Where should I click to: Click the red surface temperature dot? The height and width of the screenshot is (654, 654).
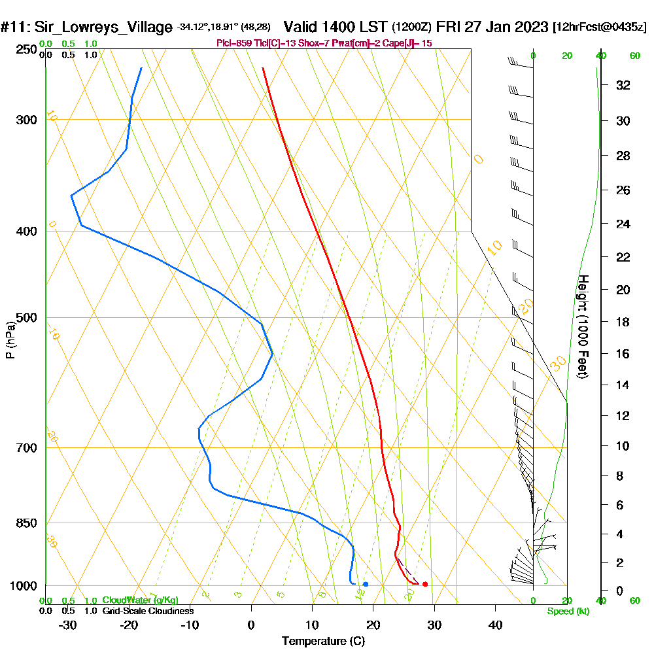(425, 584)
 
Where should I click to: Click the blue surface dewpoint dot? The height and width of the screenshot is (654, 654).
(366, 584)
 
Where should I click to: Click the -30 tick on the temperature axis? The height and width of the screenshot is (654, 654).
(68, 625)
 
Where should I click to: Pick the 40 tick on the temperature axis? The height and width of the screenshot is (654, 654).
(496, 625)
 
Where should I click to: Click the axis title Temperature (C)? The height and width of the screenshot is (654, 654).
(323, 641)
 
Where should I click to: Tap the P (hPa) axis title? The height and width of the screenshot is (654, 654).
(10, 339)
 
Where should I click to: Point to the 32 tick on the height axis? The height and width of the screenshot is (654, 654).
(623, 85)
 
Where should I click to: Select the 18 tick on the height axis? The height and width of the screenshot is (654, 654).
(623, 322)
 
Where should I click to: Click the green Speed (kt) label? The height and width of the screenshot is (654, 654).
(568, 611)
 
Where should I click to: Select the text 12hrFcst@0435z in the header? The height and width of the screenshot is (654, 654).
(600, 27)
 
